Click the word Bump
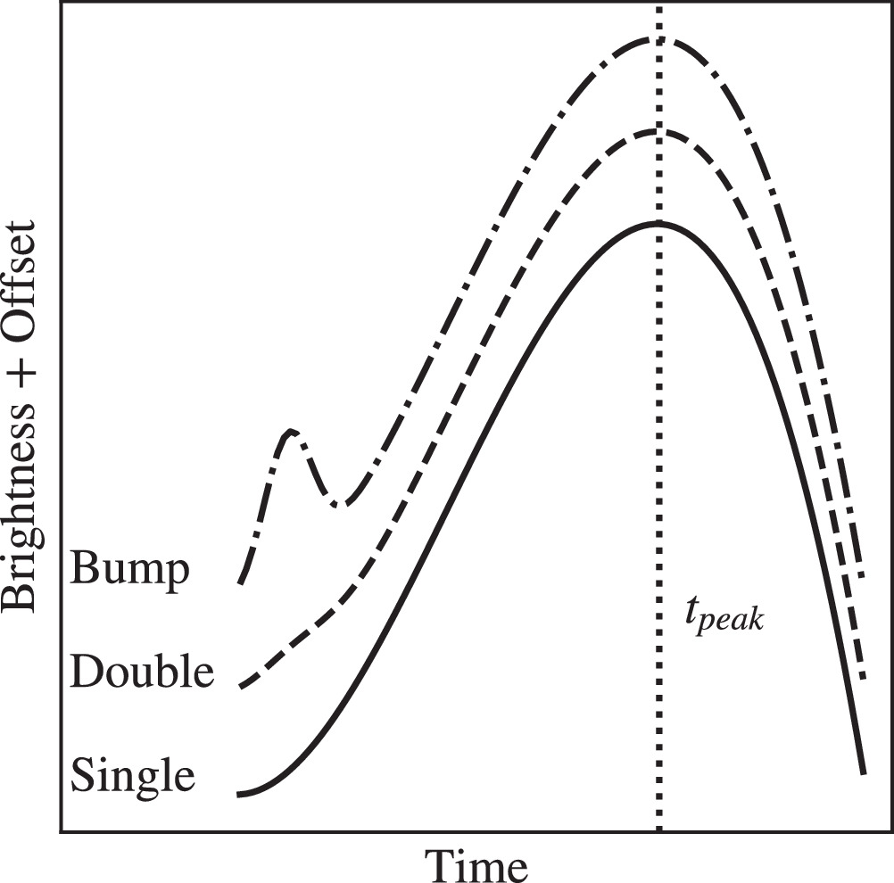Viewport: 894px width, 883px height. tap(130, 569)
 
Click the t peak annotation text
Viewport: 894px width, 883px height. tap(724, 618)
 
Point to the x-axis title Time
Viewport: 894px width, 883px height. tap(476, 864)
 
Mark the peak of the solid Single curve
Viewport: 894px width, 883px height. tap(658, 221)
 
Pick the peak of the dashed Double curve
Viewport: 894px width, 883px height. tap(658, 131)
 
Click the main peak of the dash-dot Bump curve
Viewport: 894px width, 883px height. tap(658, 39)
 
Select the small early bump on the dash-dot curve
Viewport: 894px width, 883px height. tap(292, 433)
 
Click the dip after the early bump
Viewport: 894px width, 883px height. tap(340, 506)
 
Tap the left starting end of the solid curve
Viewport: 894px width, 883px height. tap(240, 793)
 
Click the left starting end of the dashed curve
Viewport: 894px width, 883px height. tap(240, 687)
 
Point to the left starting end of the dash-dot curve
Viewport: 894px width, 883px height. tap(240, 582)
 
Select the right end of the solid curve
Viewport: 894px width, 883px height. tap(863, 772)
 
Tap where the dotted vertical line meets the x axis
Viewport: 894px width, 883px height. tap(658, 831)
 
